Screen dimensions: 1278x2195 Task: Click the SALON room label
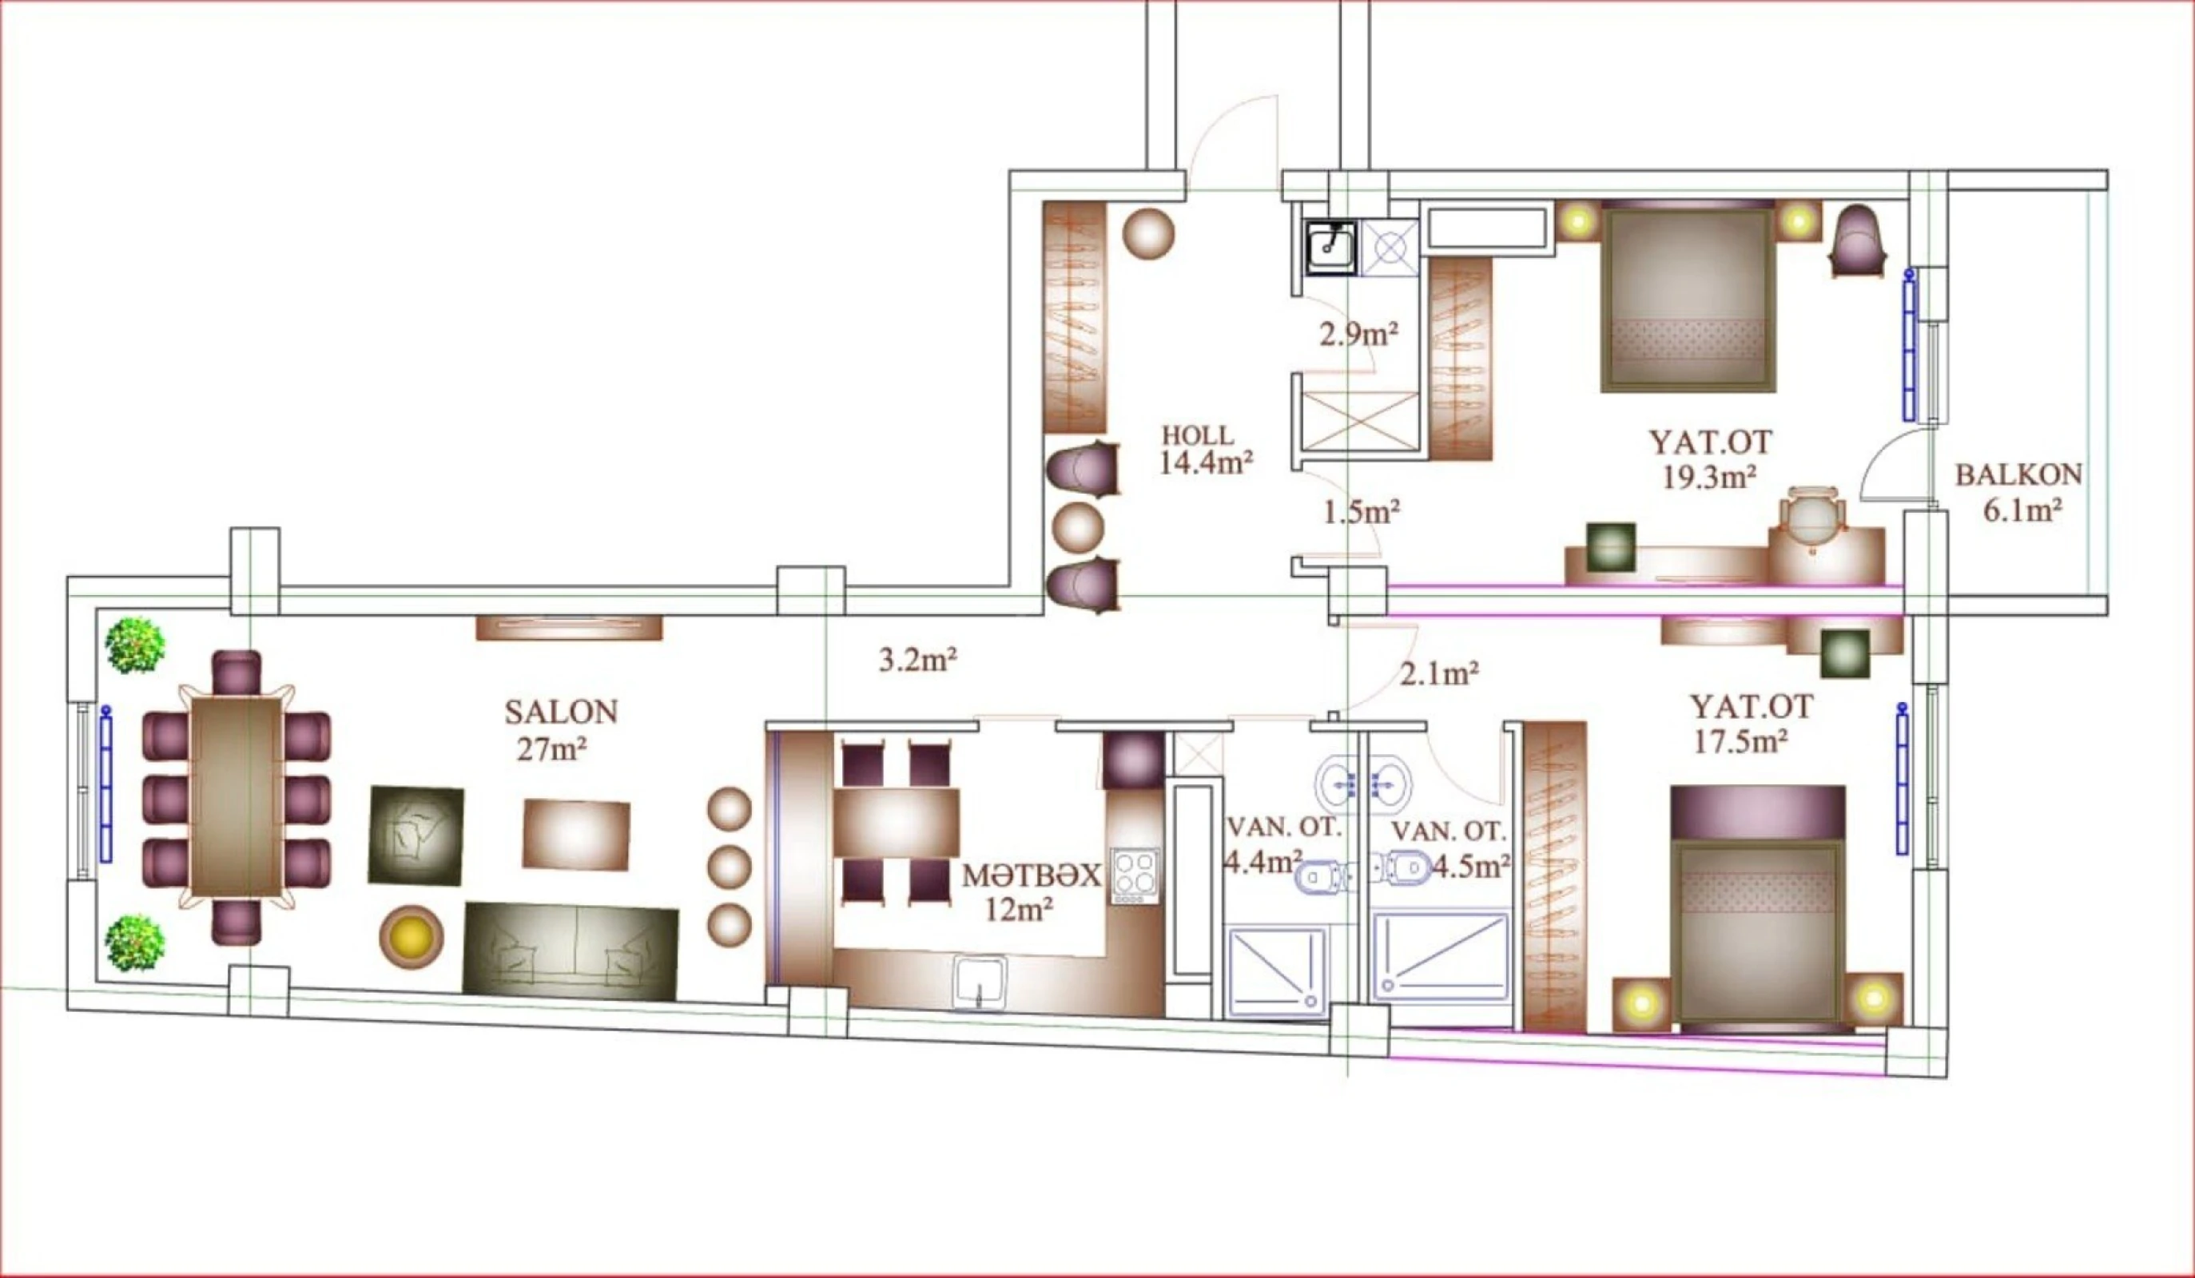click(x=561, y=712)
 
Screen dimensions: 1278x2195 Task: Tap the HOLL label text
click(x=1198, y=435)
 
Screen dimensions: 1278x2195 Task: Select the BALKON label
click(x=2019, y=475)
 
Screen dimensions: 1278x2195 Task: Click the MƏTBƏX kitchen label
click(x=1032, y=875)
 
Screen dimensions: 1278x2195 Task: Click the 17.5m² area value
click(x=1740, y=742)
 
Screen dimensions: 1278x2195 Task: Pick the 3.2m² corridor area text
click(x=918, y=661)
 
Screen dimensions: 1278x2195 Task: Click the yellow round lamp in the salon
click(x=412, y=937)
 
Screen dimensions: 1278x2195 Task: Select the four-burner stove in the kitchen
click(x=1134, y=874)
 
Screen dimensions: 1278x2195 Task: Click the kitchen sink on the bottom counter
click(x=980, y=982)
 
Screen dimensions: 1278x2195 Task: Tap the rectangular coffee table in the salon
click(x=576, y=834)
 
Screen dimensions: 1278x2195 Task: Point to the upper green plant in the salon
click(x=135, y=645)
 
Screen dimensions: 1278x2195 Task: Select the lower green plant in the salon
click(x=135, y=943)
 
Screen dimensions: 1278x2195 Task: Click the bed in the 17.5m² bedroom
click(x=1758, y=906)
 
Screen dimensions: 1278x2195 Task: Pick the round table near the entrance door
click(x=1148, y=233)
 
